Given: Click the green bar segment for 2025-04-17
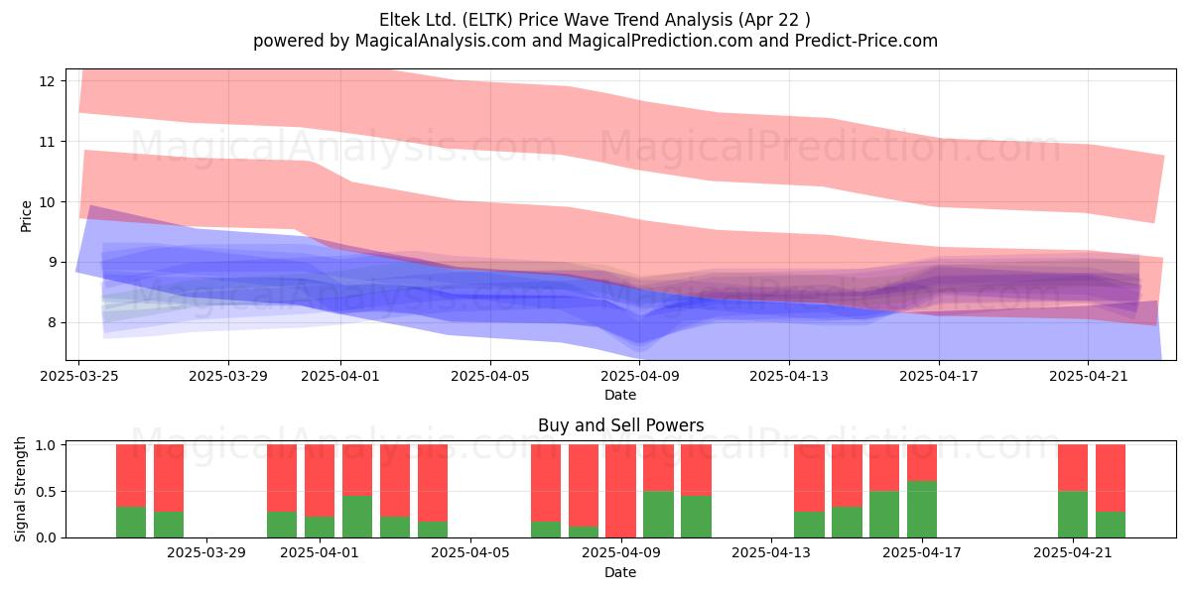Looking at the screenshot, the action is [x=922, y=509].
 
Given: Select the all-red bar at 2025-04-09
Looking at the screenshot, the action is [x=620, y=491].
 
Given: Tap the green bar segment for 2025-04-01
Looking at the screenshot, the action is [x=320, y=527].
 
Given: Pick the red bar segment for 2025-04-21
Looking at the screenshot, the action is [x=1073, y=467].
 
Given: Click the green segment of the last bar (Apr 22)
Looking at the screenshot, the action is [x=1111, y=525].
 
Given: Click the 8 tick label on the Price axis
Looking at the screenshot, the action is [x=51, y=322].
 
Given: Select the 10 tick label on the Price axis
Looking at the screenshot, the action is [x=47, y=202].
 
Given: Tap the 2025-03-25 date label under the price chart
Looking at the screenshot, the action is [x=79, y=376].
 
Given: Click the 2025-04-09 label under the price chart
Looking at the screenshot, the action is [x=639, y=376].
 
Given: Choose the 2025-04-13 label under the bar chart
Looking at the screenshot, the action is [x=771, y=552].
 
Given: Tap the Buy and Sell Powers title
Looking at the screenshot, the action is [x=620, y=425].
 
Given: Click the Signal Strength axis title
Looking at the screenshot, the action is [x=20, y=489].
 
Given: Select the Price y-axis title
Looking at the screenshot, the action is [x=26, y=216].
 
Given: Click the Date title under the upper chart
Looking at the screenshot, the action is [x=620, y=395].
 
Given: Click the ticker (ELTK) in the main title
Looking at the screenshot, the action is [x=487, y=20].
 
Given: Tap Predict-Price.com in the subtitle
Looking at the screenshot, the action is [x=866, y=41].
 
